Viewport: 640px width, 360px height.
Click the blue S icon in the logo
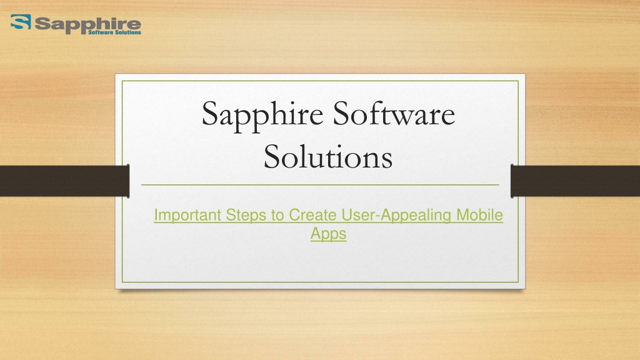coord(21,22)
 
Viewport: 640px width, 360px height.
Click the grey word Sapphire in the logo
coord(87,24)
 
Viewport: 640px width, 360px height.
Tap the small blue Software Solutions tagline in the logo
coord(115,32)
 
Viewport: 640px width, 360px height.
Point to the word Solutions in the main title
coord(328,156)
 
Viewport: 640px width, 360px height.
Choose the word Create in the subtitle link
coord(312,215)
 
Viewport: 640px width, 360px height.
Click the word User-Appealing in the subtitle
coord(396,216)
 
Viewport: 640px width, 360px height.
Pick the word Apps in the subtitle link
coord(328,234)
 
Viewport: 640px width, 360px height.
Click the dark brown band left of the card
coord(64,181)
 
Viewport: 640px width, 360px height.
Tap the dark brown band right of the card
coord(575,181)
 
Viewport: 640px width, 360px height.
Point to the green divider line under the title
coord(320,185)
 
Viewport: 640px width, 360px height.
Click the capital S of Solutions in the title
coord(272,156)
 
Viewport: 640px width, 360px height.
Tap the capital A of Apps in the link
coord(316,234)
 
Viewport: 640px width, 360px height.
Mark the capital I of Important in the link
coord(156,215)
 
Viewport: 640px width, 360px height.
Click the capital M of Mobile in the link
coord(462,215)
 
